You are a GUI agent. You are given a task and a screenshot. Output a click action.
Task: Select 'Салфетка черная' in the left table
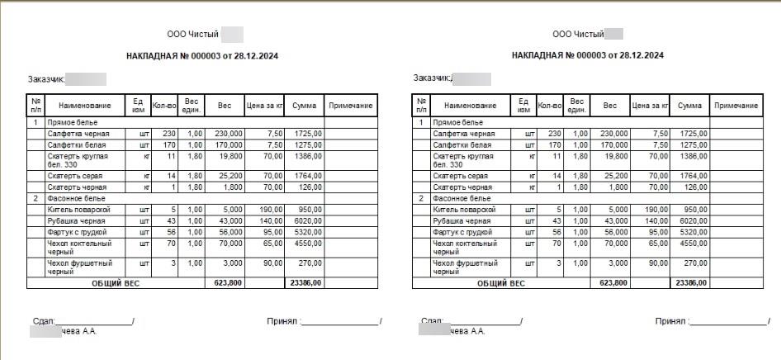pyautogui.click(x=75, y=133)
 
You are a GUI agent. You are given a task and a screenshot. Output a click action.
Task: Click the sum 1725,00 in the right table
pyautogui.click(x=693, y=133)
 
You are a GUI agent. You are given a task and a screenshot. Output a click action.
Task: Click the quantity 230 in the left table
pyautogui.click(x=169, y=133)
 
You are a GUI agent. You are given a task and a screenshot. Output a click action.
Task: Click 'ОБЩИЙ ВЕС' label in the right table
pyautogui.click(x=500, y=282)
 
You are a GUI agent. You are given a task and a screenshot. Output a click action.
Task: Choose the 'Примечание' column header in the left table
pyautogui.click(x=351, y=106)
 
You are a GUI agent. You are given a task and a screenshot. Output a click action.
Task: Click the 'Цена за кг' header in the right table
pyautogui.click(x=650, y=106)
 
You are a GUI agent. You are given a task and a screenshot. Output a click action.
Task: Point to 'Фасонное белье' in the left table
pyautogui.click(x=73, y=198)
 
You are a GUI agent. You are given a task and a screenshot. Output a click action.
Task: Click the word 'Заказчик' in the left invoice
pyautogui.click(x=45, y=79)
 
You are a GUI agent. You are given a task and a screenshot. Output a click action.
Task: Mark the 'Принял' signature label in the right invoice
pyautogui.click(x=670, y=321)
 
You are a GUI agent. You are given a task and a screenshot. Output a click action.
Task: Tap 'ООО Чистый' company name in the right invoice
pyautogui.click(x=577, y=35)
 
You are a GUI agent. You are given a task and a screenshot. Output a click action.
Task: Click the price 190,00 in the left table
pyautogui.click(x=269, y=210)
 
